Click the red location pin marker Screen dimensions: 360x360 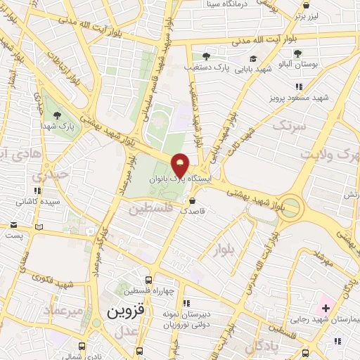(181, 165)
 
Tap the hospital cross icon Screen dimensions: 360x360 (326, 309)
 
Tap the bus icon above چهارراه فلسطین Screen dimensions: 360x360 (148, 279)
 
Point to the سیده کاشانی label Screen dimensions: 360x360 (37, 200)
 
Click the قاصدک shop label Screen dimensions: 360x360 (193, 210)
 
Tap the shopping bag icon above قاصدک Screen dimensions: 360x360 (192, 200)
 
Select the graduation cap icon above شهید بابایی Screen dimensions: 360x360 (253, 58)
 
